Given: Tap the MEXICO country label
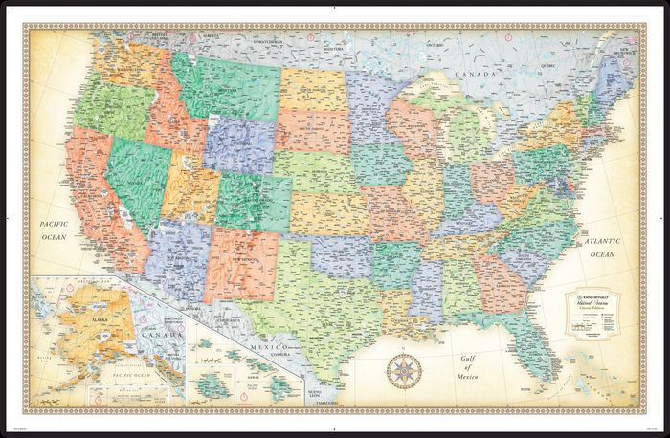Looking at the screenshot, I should point(265,341).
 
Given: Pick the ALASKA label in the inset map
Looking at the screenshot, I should point(73,297).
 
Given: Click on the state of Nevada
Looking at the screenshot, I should point(138,177).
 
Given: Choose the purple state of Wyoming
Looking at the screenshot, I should point(238,143).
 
